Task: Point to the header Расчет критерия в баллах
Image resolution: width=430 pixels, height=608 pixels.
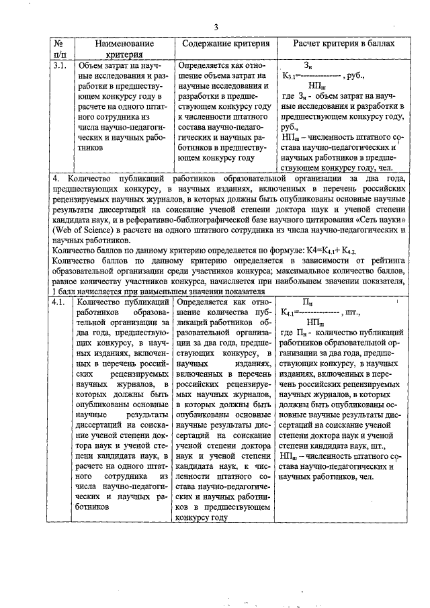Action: [343, 43]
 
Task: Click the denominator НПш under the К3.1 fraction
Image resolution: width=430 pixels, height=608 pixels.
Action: [316, 86]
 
